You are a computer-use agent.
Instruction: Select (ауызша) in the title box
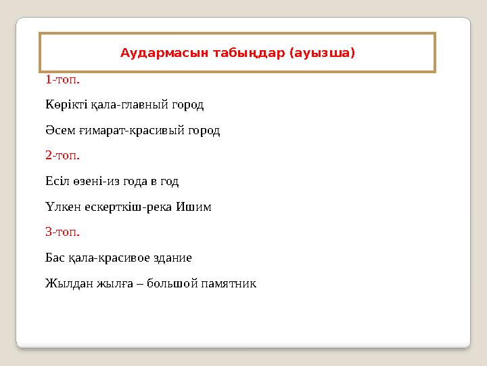[322, 52]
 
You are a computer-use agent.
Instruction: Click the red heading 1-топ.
[62, 80]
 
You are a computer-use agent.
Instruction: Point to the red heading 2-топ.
[62, 156]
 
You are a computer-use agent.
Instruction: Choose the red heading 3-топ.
[62, 232]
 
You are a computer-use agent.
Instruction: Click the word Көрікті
[66, 106]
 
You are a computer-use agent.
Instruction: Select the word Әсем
[57, 131]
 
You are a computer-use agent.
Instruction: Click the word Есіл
[56, 182]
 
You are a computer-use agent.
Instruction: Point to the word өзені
[87, 182]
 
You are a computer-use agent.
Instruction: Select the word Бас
[55, 258]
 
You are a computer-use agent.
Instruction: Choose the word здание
[173, 258]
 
